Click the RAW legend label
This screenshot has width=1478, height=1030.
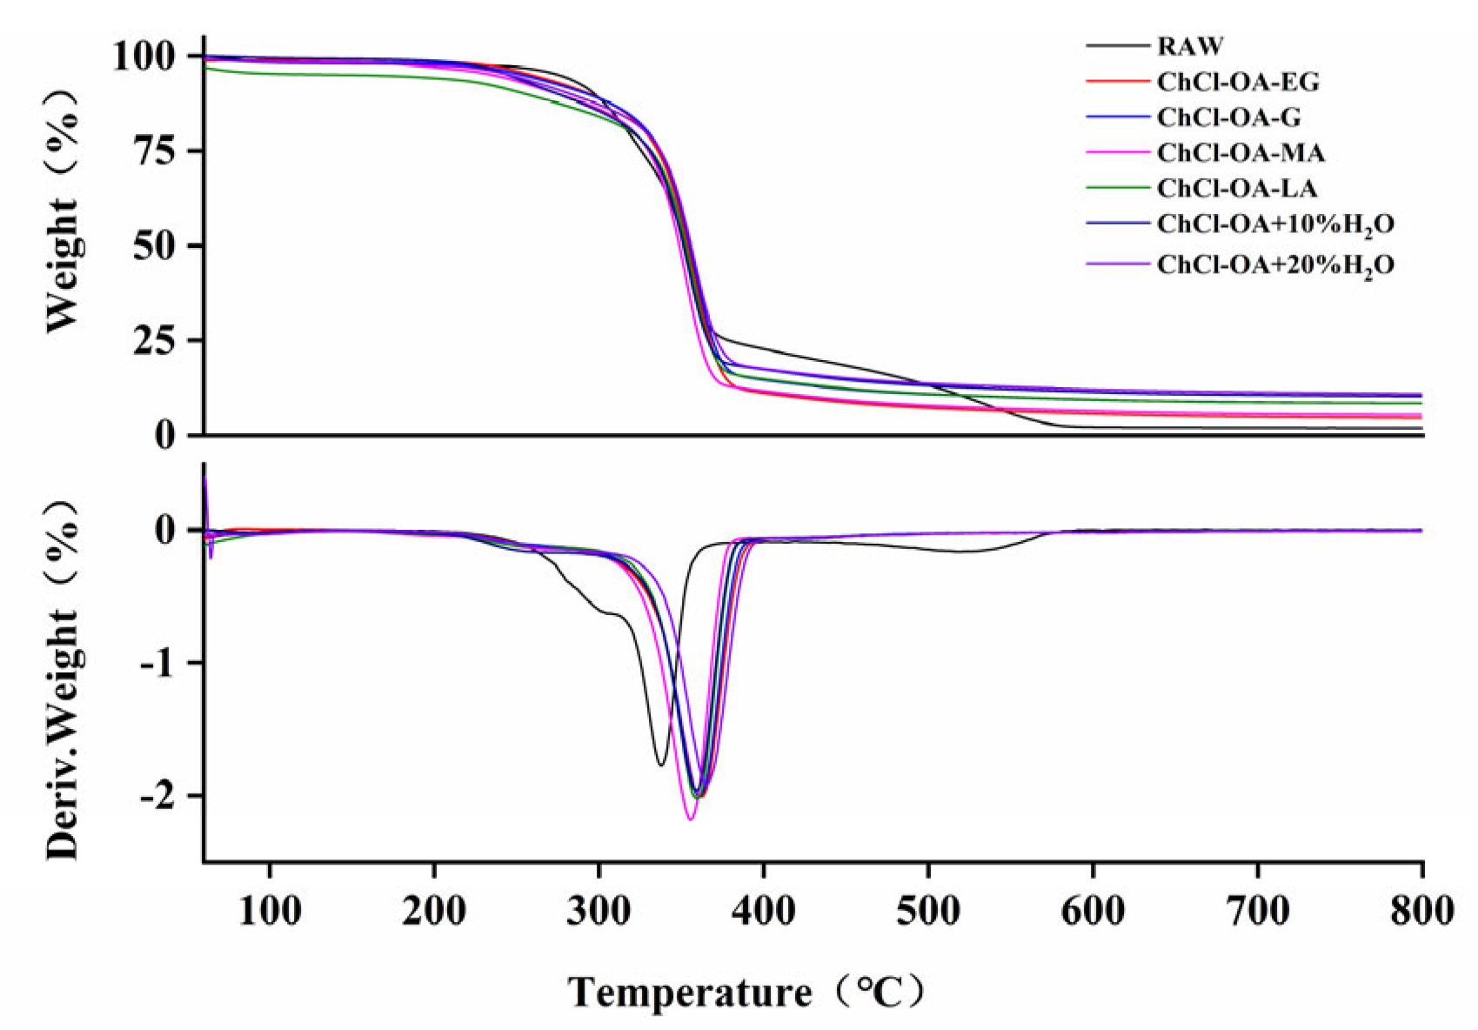click(1189, 46)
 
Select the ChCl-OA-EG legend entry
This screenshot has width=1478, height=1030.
click(1237, 82)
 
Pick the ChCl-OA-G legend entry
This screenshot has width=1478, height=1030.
click(1228, 117)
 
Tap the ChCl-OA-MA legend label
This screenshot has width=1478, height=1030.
click(1241, 153)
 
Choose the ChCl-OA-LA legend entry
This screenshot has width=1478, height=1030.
click(1236, 189)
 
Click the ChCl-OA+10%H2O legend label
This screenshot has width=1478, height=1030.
click(1274, 225)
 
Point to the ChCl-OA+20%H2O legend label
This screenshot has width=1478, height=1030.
click(1274, 264)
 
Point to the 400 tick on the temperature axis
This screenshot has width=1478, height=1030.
click(763, 912)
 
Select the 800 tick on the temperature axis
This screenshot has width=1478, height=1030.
click(1421, 912)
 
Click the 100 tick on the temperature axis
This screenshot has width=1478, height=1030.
click(270, 912)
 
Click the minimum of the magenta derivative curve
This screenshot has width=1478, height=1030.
click(690, 819)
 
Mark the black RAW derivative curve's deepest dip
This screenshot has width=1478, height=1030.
click(661, 766)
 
